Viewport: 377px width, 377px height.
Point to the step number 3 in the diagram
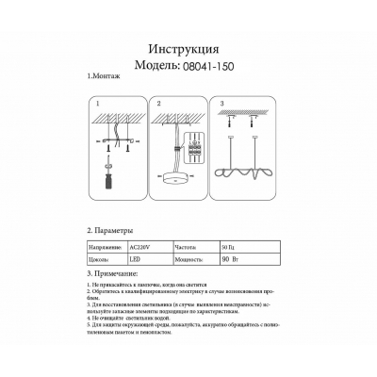tap(221, 102)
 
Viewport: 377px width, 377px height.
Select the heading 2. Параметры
tap(114, 230)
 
